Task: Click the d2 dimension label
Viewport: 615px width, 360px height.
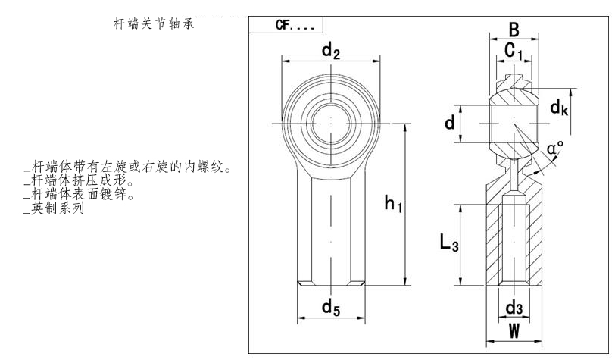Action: [330, 52]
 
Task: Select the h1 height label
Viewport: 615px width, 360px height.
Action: [392, 203]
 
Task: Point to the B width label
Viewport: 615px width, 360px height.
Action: [514, 30]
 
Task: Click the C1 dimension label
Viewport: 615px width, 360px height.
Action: [514, 52]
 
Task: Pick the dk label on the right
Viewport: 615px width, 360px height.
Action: [560, 108]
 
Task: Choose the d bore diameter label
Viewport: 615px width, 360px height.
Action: [450, 121]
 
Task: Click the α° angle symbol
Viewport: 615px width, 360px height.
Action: [557, 148]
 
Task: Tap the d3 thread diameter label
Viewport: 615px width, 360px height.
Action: [514, 307]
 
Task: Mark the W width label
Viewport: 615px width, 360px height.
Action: [514, 331]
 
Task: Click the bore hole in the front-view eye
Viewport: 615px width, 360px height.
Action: [330, 122]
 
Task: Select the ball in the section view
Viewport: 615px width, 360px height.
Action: [514, 121]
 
